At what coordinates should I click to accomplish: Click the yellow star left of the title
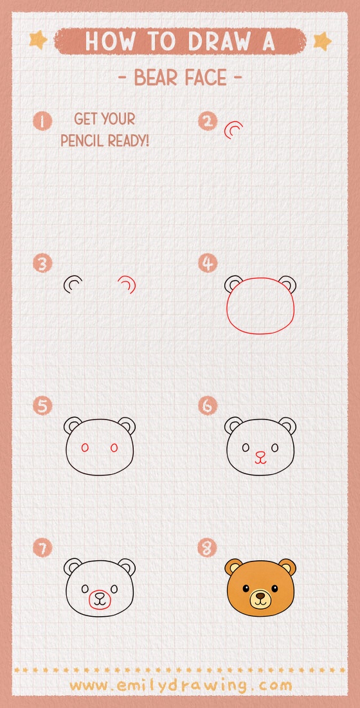pyautogui.click(x=38, y=40)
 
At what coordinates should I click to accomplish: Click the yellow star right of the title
pyautogui.click(x=321, y=41)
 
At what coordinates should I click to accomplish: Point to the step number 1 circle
pyautogui.click(x=42, y=121)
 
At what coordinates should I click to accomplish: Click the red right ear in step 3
pyautogui.click(x=127, y=283)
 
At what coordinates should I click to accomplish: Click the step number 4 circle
pyautogui.click(x=208, y=263)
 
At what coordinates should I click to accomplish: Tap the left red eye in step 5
pyautogui.click(x=84, y=447)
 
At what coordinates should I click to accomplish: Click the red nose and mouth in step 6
pyautogui.click(x=260, y=457)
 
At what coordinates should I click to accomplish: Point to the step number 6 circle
pyautogui.click(x=208, y=406)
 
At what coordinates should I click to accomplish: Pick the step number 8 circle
pyautogui.click(x=208, y=549)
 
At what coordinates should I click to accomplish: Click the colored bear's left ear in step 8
pyautogui.click(x=233, y=567)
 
